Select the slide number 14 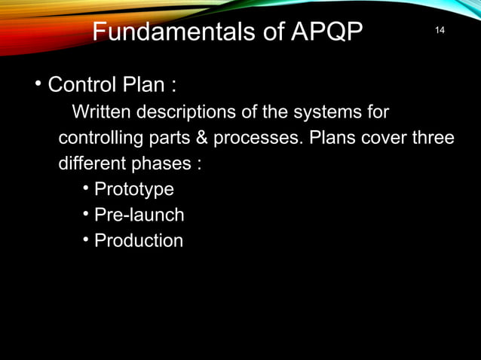click(440, 29)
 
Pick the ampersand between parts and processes click(202, 139)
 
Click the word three click(432, 139)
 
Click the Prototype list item click(134, 190)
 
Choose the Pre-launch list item click(139, 215)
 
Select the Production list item click(139, 241)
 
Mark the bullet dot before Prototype click(87, 188)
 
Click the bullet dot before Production click(87, 239)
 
